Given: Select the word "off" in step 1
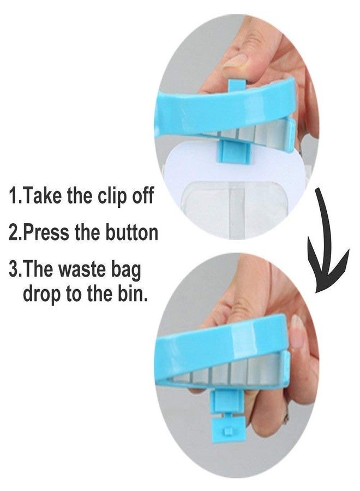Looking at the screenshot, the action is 142,195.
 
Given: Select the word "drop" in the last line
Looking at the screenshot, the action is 41,294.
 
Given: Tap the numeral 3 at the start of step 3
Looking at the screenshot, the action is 14,270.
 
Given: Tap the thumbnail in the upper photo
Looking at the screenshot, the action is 235,61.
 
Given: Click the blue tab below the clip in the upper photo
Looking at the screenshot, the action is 235,152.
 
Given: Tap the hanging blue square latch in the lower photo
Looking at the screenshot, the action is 228,429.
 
